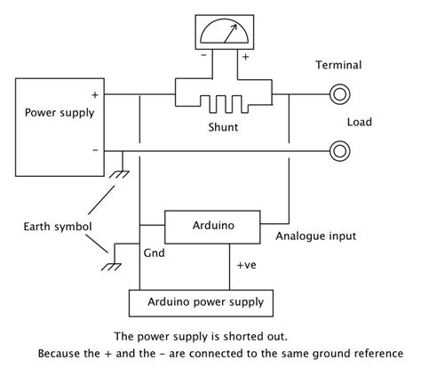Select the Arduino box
point(213,226)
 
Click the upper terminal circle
point(338,93)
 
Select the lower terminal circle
point(338,150)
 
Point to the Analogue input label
point(316,236)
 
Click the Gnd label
point(153,252)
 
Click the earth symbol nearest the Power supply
point(116,171)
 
